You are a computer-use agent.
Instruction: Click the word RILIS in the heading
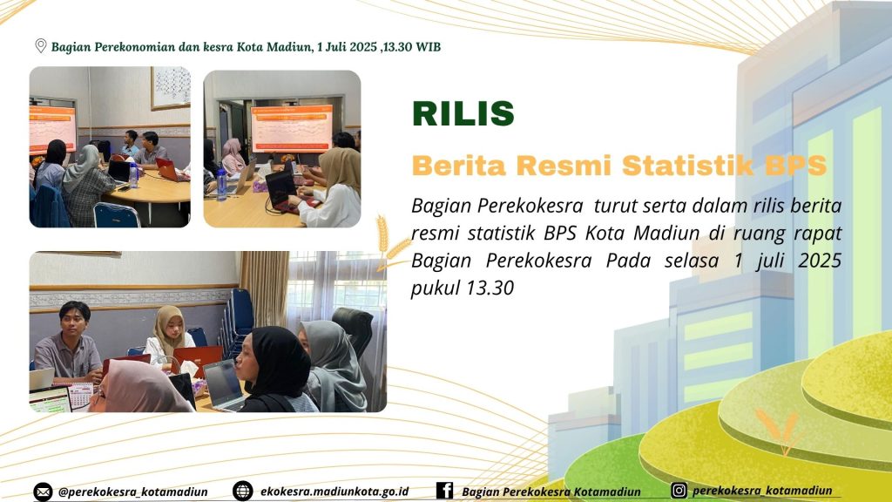pos(463,113)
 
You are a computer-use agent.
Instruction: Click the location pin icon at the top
pos(40,46)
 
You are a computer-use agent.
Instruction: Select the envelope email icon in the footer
pos(43,492)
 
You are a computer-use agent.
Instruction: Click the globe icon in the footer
pos(242,491)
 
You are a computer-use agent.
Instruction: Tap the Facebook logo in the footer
pos(444,490)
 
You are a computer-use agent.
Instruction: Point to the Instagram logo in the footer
pos(678,490)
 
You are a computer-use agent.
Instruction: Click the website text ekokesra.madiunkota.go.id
pos(334,492)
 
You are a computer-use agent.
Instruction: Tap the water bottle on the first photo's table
pos(133,176)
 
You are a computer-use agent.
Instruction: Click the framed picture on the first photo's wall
pos(171,88)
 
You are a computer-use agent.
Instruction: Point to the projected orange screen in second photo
pos(292,128)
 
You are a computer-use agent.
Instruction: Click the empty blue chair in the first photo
pos(116,215)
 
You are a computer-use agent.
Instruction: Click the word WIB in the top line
pos(428,47)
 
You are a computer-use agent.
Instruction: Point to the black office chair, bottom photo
pos(355,333)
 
